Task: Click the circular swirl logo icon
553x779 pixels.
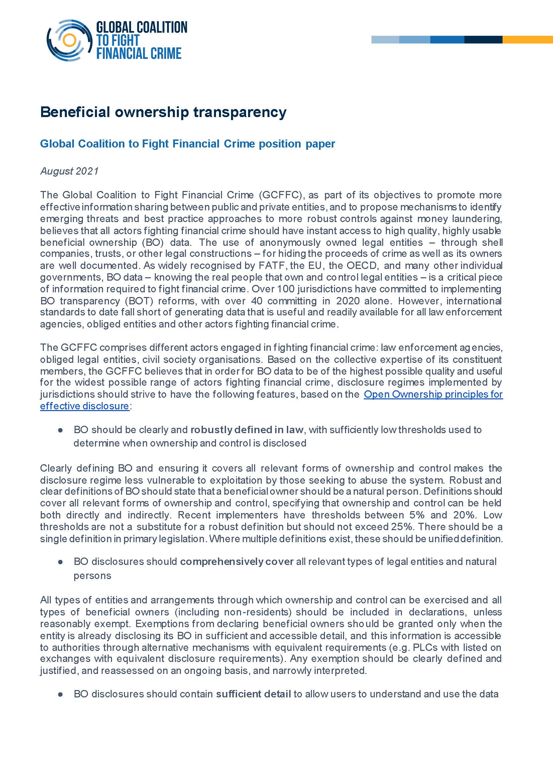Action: [69, 40]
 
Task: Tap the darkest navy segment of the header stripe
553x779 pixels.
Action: [483, 39]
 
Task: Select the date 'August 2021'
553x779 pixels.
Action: [70, 171]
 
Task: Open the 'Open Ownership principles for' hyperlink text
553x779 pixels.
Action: [433, 394]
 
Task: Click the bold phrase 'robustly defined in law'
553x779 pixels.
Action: [246, 430]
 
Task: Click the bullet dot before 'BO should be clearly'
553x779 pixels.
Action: [61, 430]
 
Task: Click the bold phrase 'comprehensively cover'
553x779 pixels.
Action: [237, 561]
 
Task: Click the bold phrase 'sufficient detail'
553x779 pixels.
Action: [253, 694]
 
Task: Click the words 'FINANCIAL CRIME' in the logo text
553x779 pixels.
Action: [139, 54]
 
